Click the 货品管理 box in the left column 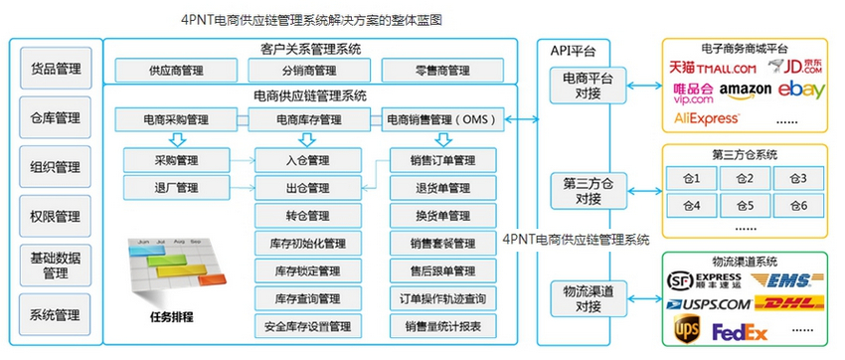[x=55, y=71]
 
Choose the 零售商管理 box [x=439, y=71]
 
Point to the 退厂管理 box [x=176, y=187]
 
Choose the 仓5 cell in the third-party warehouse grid [x=744, y=206]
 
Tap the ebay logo [x=801, y=90]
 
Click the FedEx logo [x=740, y=330]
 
